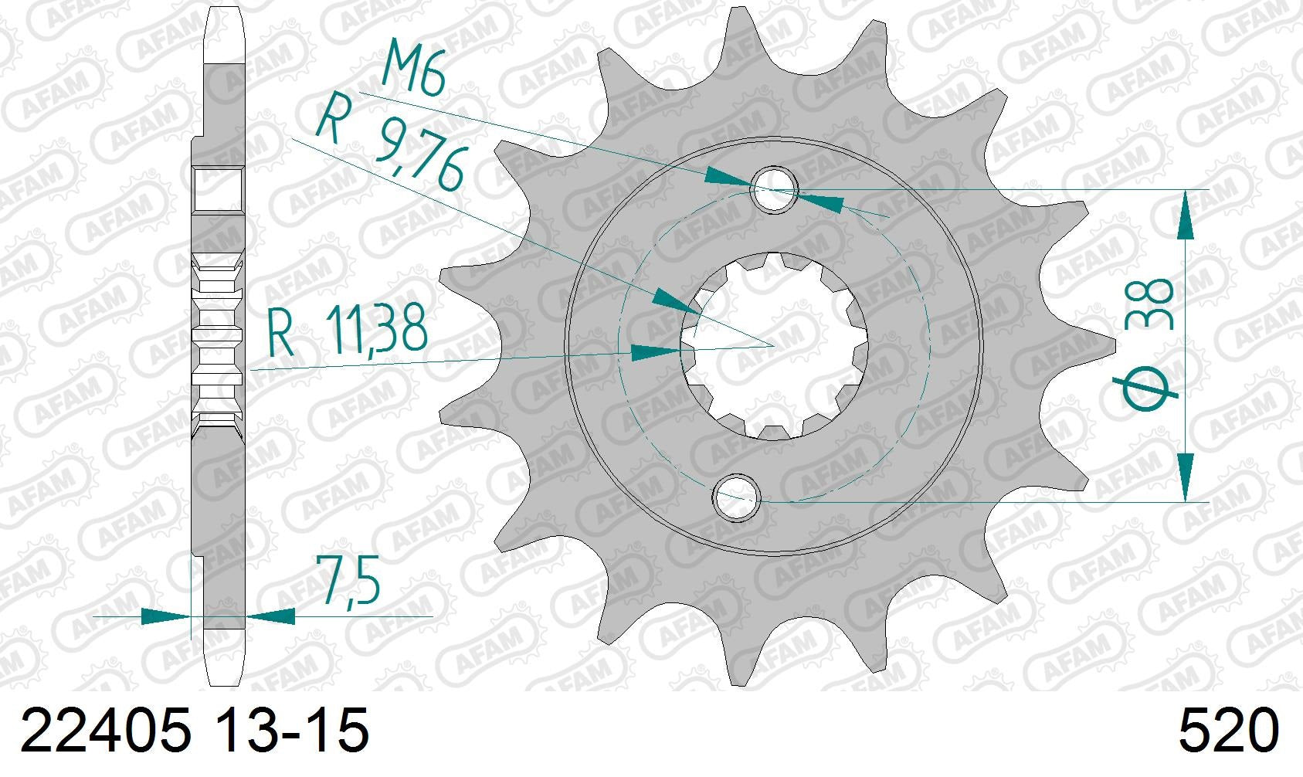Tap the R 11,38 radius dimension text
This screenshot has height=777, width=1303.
tap(347, 333)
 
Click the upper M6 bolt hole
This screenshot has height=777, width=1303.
tap(775, 188)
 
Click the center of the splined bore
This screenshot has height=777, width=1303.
tap(773, 345)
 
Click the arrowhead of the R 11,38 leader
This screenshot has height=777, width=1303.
tap(657, 352)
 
